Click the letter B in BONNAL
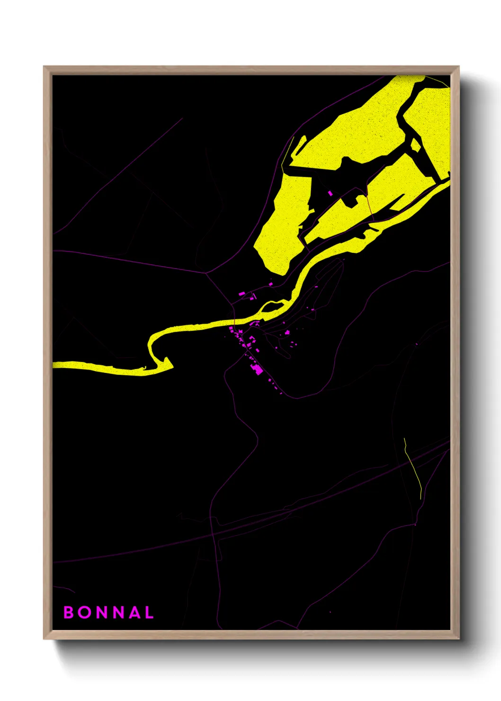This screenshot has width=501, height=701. tap(69, 612)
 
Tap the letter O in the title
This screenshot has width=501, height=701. tap(85, 612)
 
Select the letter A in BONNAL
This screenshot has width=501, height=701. tap(135, 612)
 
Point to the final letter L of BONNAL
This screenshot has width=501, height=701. tap(149, 612)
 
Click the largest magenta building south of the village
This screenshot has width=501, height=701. tap(258, 369)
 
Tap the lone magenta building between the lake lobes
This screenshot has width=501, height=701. tap(331, 193)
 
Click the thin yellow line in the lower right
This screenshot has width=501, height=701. tap(413, 469)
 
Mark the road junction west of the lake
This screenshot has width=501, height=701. tap(206, 273)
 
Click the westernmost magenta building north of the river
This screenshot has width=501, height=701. tap(241, 294)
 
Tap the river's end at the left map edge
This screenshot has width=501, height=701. tap(54, 364)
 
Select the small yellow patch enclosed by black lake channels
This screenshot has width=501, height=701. tap(415, 145)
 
